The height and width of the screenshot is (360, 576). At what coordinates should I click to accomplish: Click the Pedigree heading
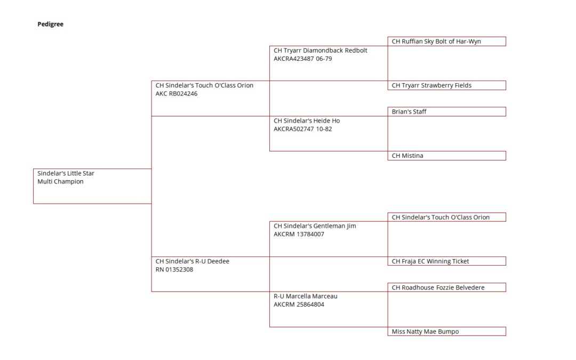(50, 24)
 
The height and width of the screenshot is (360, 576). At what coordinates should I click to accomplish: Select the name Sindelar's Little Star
(66, 173)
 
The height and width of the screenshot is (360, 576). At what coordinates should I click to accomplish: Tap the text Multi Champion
(60, 181)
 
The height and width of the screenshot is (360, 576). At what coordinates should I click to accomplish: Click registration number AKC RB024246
(177, 94)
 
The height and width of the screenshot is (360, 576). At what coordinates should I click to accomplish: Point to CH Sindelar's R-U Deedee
(192, 261)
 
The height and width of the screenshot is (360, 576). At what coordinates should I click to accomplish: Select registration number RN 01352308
(174, 270)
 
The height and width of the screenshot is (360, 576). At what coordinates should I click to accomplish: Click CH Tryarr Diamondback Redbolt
(321, 50)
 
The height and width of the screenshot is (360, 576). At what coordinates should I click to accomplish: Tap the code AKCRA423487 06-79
(303, 59)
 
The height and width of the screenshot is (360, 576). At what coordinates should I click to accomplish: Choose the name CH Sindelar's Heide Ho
(307, 121)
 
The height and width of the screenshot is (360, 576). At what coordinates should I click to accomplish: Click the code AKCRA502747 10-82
(303, 129)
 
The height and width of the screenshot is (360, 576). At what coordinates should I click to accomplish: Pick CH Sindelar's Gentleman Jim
(315, 226)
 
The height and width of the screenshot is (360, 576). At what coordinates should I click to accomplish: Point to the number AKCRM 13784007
(299, 234)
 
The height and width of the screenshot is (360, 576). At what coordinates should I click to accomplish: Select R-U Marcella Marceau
(305, 296)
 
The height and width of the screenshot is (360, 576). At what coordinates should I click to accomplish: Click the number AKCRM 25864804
(299, 305)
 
